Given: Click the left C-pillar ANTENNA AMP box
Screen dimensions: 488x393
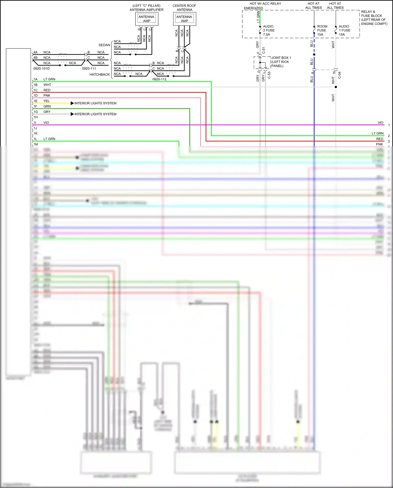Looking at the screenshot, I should click(x=147, y=19).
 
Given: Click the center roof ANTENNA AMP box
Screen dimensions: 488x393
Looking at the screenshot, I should click(x=184, y=19).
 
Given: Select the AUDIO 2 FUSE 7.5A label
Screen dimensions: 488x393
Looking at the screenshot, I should click(x=269, y=30).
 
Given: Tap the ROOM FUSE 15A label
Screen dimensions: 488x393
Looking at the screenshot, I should click(x=322, y=30).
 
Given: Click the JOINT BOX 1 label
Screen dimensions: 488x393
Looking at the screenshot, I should click(x=281, y=58).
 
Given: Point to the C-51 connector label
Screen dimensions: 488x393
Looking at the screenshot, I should click(x=264, y=50).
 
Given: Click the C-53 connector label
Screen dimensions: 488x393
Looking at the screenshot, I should click(x=269, y=75).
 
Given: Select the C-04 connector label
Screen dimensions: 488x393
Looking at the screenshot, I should click(x=340, y=75).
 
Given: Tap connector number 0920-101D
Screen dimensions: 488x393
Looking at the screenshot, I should click(x=41, y=68).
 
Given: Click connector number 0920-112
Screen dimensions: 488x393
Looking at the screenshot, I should click(x=159, y=79).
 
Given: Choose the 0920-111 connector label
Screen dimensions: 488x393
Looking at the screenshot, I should click(x=89, y=68).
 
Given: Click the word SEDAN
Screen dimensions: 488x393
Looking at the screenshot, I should click(x=104, y=45).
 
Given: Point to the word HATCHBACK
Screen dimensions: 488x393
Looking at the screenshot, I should click(x=100, y=74).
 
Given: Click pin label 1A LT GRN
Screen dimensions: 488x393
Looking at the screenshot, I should click(x=45, y=79).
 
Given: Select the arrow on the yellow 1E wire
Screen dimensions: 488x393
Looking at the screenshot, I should click(x=72, y=103).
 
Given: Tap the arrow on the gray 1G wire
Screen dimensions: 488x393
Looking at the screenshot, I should click(x=72, y=114).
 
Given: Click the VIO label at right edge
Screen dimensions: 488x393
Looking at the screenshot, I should click(x=380, y=123).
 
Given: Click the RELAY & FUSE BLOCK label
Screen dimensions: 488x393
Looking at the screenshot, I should click(x=374, y=18).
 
